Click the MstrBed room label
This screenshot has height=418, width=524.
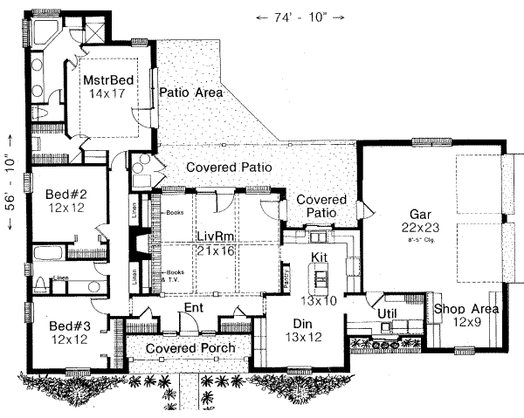pos(110,80)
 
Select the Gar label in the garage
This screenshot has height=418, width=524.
pos(420,212)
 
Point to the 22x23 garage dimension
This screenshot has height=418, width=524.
pos(420,227)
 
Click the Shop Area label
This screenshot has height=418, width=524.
pos(465,309)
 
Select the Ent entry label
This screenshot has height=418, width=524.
pos(194,308)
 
